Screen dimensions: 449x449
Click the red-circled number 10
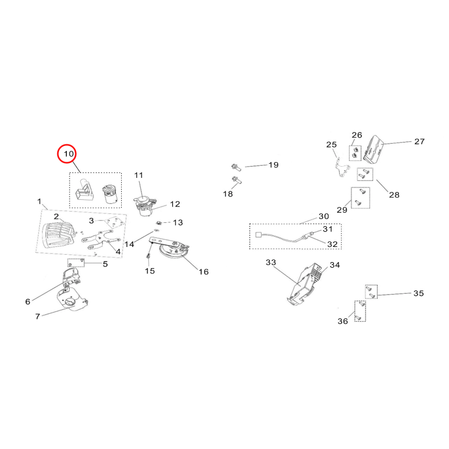pyautogui.click(x=68, y=154)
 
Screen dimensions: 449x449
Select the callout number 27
pyautogui.click(x=419, y=141)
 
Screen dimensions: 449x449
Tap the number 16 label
pyautogui.click(x=204, y=272)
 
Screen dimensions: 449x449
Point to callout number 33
pyautogui.click(x=271, y=262)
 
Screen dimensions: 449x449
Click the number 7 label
pyautogui.click(x=38, y=317)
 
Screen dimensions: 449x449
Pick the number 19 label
pyautogui.click(x=273, y=165)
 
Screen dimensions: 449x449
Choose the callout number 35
pyautogui.click(x=419, y=293)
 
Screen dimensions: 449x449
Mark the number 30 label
pyautogui.click(x=324, y=217)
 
